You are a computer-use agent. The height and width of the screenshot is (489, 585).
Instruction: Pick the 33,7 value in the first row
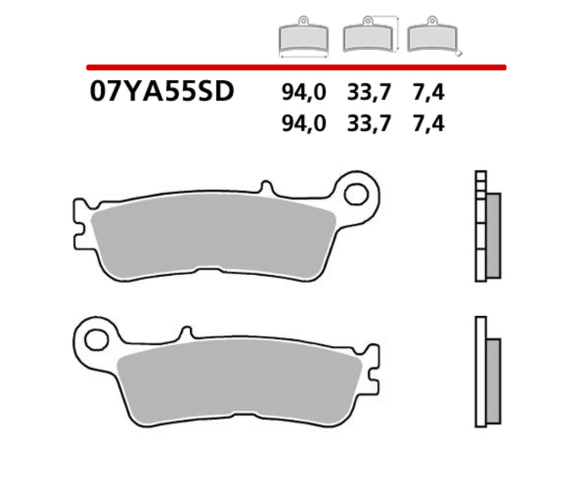point(369,94)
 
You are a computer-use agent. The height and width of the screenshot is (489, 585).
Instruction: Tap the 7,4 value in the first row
point(428,94)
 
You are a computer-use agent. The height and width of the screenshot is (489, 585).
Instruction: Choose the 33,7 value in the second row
point(369,123)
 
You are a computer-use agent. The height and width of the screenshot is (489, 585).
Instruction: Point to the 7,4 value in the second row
point(428,123)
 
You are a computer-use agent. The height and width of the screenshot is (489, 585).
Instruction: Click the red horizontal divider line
point(296,66)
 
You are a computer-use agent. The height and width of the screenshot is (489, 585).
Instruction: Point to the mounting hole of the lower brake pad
point(96,339)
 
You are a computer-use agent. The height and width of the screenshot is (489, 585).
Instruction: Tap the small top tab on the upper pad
point(265,187)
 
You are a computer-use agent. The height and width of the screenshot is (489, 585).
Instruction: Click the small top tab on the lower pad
point(187,332)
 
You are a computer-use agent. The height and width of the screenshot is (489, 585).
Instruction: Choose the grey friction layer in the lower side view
point(493,380)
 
